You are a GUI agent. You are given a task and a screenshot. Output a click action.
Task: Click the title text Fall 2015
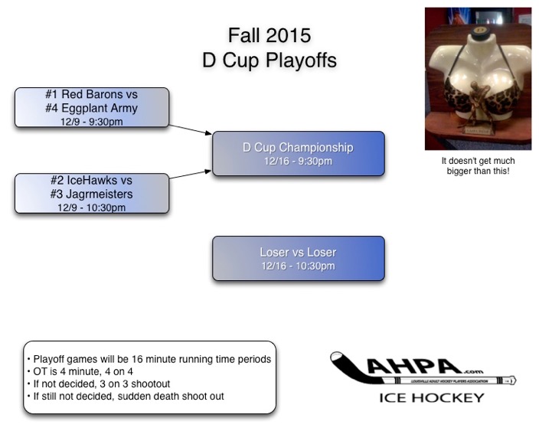pos(269,35)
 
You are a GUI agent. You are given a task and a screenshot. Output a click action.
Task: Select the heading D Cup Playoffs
pos(269,60)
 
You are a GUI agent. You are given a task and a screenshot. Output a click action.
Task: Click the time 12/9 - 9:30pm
pos(92,121)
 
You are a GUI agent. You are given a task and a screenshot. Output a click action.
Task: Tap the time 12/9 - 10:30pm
pos(92,207)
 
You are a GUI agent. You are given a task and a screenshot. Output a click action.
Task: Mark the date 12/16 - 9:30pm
pos(298,162)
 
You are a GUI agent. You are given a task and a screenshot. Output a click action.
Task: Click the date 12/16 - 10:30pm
pos(298,266)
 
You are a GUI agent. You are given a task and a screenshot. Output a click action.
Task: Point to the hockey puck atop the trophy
pos(478,31)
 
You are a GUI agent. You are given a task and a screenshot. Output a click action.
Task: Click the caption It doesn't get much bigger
pos(478,166)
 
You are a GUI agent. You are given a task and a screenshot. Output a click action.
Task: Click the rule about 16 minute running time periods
pos(149,359)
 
